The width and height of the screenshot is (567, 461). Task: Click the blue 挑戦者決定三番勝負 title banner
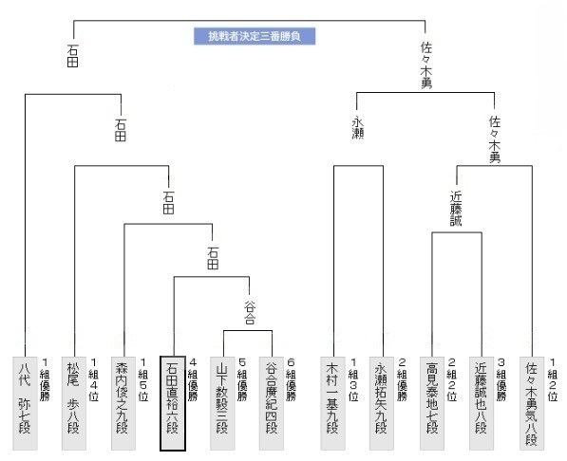pos(255,36)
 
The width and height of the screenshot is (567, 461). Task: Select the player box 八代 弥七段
pos(25,403)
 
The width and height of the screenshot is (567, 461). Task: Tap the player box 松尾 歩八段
pos(74,403)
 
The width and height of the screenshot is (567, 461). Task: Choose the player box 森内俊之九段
pos(123,403)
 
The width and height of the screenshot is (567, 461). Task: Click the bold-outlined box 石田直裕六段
pos(173,403)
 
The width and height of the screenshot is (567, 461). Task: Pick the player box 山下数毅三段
pos(222,403)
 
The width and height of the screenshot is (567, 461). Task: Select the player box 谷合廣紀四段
pos(272,403)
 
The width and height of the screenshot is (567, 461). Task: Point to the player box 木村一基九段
pos(333,403)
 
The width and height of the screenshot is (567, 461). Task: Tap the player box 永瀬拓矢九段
pos(382,403)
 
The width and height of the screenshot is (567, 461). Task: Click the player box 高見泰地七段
pos(432,403)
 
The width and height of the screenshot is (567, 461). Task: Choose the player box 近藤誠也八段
pos(482,403)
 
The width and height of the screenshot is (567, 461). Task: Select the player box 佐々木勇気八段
pos(532,403)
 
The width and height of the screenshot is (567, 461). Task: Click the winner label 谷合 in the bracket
pos(250,313)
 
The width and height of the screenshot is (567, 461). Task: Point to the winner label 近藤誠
pos(456,209)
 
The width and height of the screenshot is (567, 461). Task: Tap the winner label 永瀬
pos(358,127)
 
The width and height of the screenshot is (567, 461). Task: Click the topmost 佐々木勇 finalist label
pos(426,65)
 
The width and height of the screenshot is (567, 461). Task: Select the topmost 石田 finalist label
pos(73,56)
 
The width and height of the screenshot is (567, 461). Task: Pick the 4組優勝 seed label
pos(193,379)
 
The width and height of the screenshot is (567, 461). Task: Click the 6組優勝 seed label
pos(291,379)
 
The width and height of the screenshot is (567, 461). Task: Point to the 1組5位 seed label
pos(143,379)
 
